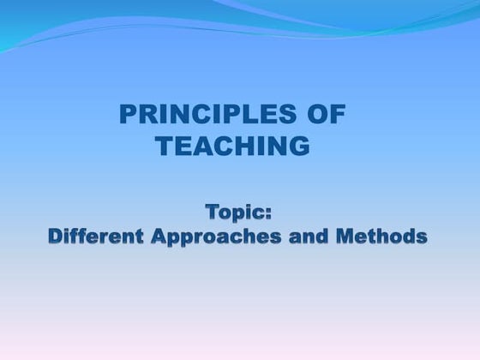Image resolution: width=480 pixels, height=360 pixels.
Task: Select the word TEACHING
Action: coord(233,146)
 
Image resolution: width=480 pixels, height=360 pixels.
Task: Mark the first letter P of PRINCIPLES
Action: coord(124,115)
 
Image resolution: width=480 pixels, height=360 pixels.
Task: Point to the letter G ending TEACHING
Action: coord(299,146)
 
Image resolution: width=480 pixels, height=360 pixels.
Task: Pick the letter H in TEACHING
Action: coord(243,146)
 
